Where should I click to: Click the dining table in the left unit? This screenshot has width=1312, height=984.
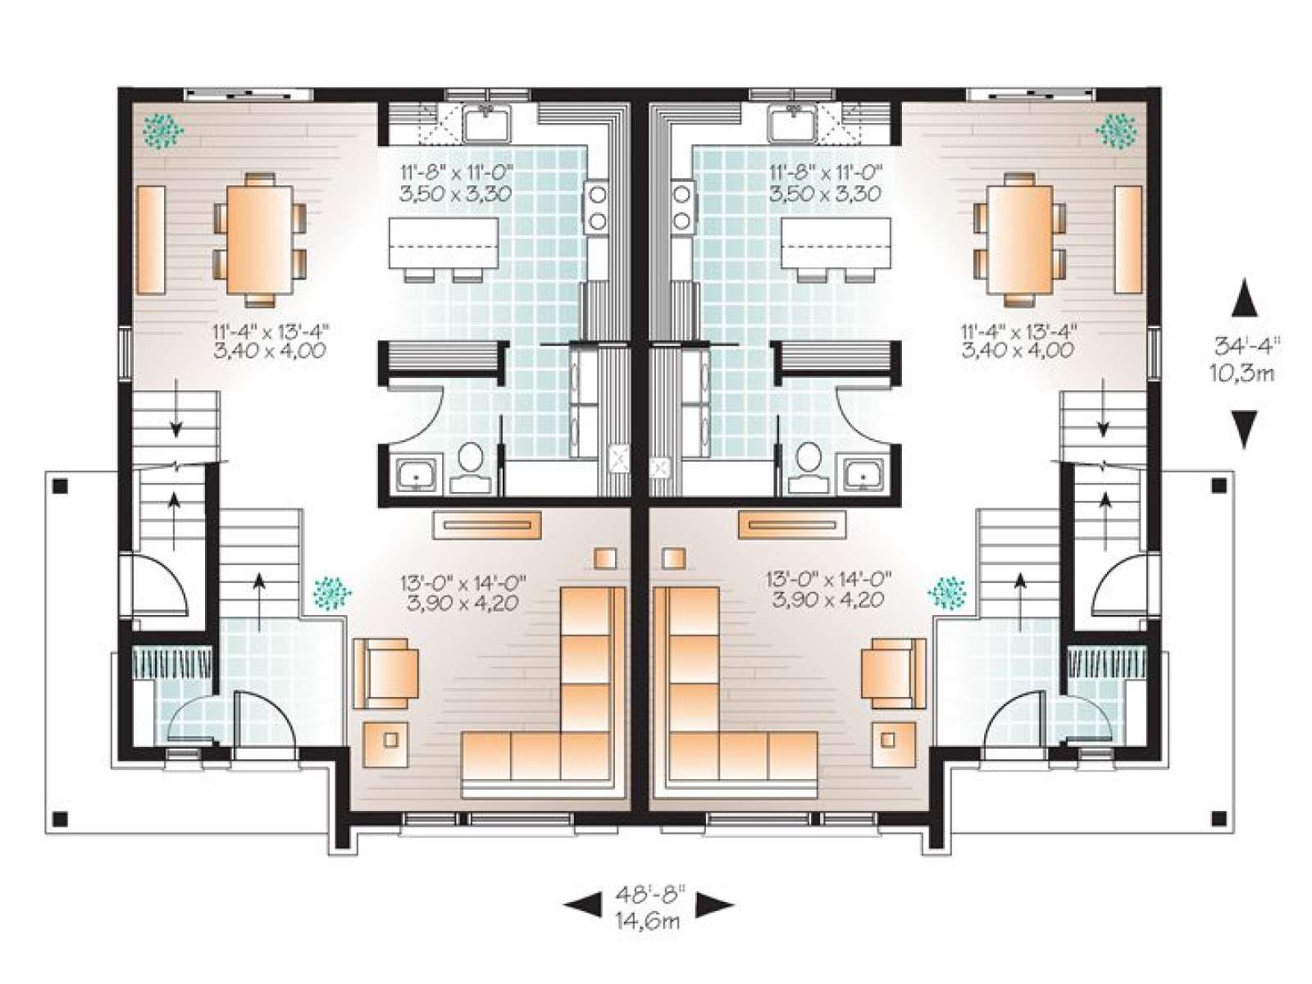pyautogui.click(x=260, y=239)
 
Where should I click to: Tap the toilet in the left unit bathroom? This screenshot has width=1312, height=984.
pyautogui.click(x=472, y=467)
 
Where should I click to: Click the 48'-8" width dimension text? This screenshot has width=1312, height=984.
pyautogui.click(x=648, y=896)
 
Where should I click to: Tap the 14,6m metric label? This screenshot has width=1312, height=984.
pyautogui.click(x=648, y=922)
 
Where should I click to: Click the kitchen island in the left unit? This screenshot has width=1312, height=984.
pyautogui.click(x=444, y=243)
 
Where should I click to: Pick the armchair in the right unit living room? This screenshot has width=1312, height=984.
pyautogui.click(x=894, y=672)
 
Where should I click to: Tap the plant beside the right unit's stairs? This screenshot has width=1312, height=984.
pyautogui.click(x=947, y=593)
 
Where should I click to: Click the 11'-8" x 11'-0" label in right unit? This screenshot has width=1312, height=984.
pyautogui.click(x=826, y=173)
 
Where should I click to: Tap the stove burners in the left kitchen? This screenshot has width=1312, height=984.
pyautogui.click(x=596, y=207)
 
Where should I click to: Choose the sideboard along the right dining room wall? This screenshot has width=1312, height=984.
pyautogui.click(x=1127, y=239)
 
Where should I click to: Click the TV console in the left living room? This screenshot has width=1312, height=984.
pyautogui.click(x=487, y=525)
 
